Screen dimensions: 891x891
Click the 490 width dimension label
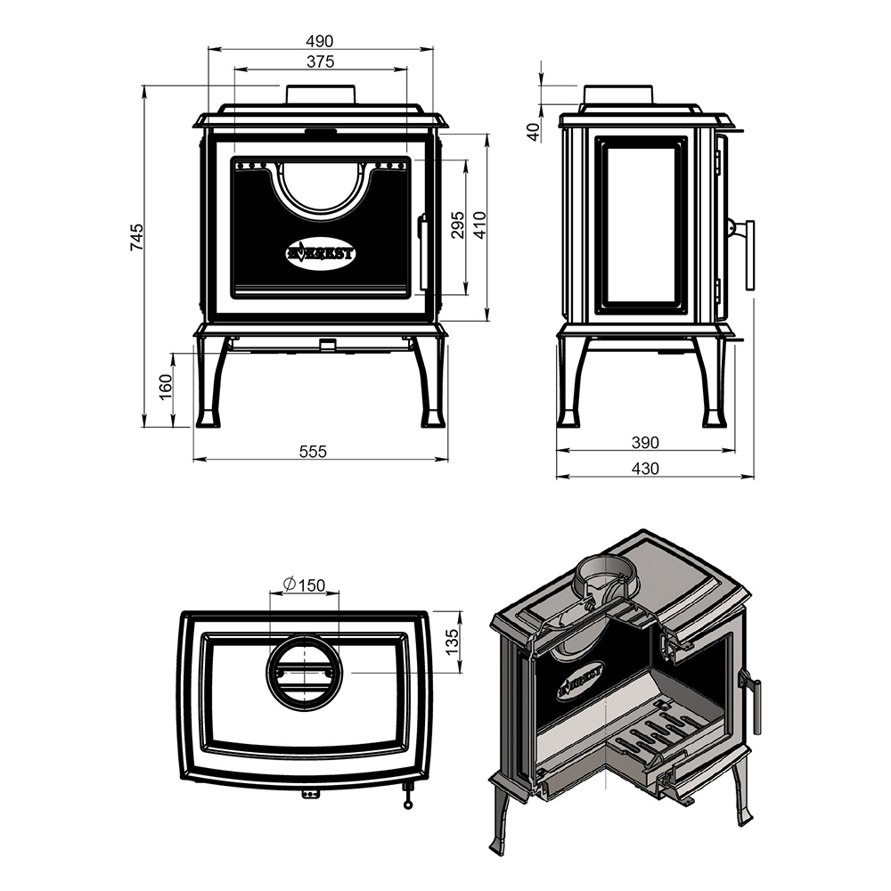point(319,42)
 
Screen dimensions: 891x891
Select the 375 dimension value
point(321,61)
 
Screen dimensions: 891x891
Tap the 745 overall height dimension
point(136,238)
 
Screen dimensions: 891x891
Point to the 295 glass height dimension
point(457,225)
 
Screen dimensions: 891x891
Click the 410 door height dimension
point(479,225)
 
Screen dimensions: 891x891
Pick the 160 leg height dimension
point(166,387)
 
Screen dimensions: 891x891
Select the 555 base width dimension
point(313,451)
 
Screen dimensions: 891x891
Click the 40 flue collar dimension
point(533,133)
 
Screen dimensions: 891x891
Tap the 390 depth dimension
point(645,442)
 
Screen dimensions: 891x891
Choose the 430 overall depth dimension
point(645,469)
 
